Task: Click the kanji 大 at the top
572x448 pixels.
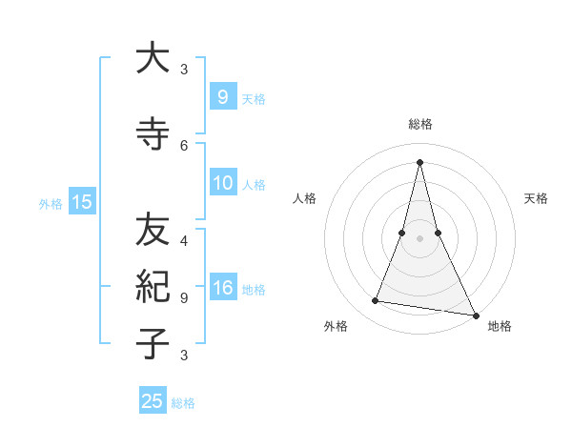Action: point(153,58)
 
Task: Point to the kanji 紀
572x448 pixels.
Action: point(153,286)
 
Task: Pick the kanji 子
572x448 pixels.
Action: point(153,343)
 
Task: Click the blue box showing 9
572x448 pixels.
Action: point(222,96)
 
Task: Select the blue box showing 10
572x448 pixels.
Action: point(223,183)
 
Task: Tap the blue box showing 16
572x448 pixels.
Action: point(223,288)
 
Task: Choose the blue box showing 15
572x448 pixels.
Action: point(81,201)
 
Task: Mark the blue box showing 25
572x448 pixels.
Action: point(153,401)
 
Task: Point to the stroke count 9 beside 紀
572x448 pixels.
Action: point(184,297)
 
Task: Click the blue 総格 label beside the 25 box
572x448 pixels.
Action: point(183,403)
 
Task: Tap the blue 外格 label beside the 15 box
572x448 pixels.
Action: point(51,203)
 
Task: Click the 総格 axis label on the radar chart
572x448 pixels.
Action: point(419,124)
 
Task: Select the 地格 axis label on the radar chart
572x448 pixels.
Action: point(500,326)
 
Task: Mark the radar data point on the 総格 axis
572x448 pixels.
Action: point(419,162)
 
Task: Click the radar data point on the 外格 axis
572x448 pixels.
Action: point(376,301)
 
